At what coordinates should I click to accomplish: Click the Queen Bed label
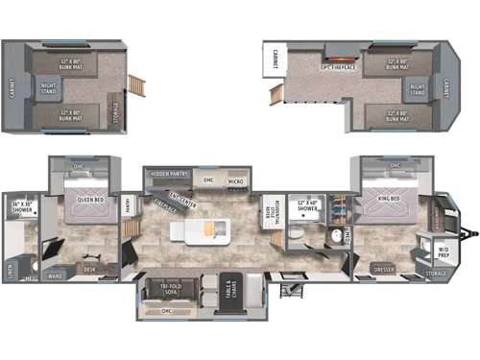point(91,199)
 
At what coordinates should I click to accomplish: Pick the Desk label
point(89,269)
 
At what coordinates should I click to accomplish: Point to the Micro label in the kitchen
point(235,180)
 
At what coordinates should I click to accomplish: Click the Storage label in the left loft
point(115,108)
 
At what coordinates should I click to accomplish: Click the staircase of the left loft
point(137,85)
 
